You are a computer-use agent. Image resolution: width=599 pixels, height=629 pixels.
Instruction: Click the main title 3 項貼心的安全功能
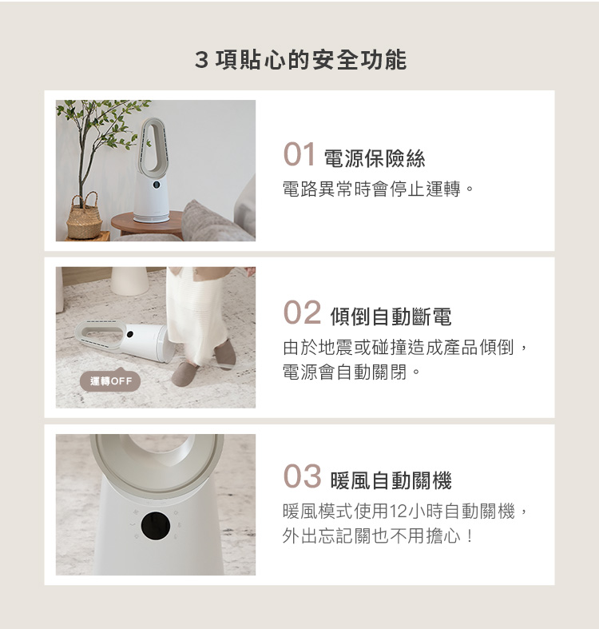click(x=300, y=60)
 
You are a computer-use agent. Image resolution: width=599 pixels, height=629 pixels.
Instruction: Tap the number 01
click(x=299, y=154)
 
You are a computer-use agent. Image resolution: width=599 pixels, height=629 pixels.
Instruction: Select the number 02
click(x=302, y=313)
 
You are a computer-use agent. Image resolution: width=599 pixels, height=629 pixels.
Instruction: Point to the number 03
click(x=302, y=476)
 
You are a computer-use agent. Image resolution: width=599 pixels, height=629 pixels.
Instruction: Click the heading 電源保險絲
click(x=375, y=158)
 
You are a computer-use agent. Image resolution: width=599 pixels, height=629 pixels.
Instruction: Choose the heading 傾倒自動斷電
click(x=391, y=316)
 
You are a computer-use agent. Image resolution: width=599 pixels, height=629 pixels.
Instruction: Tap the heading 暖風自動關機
click(x=391, y=480)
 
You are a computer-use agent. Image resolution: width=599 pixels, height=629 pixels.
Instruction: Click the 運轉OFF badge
click(x=110, y=380)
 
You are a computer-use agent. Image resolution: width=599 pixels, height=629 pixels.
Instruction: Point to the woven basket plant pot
click(x=84, y=217)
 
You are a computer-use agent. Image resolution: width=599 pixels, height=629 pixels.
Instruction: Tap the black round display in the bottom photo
click(x=156, y=526)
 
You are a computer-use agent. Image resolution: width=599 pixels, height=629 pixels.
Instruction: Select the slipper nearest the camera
click(x=185, y=374)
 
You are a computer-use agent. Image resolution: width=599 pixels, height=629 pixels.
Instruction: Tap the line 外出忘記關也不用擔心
click(x=371, y=536)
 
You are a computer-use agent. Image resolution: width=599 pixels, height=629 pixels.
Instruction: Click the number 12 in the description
click(x=398, y=512)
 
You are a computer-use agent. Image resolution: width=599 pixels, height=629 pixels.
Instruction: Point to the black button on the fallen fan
click(x=129, y=334)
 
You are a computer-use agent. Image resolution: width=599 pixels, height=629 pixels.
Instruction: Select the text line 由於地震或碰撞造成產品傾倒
click(x=398, y=348)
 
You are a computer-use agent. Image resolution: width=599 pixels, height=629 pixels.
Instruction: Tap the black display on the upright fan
click(x=157, y=185)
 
